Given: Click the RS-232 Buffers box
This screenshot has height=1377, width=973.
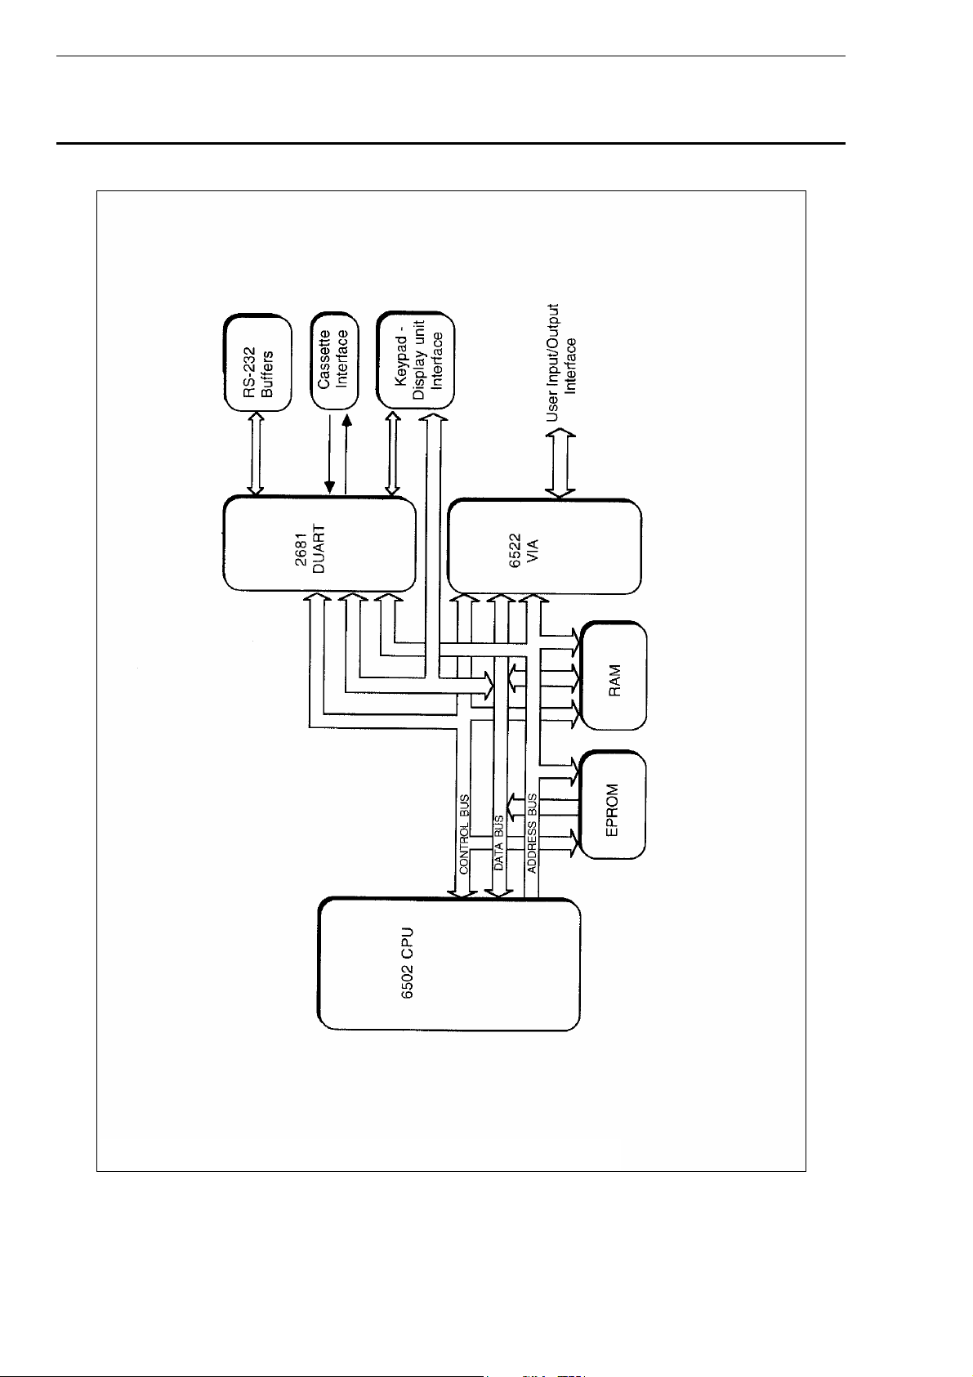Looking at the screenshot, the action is (257, 364).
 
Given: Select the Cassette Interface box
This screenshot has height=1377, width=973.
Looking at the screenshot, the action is (334, 361).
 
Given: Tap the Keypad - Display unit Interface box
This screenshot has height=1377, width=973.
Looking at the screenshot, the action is (416, 360).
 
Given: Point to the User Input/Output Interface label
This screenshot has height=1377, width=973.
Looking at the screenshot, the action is (562, 363).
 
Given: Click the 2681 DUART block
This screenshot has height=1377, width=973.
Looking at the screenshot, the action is (319, 544).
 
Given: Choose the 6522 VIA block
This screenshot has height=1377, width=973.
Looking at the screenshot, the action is (545, 547).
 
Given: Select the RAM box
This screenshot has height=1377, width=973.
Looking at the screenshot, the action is (614, 676).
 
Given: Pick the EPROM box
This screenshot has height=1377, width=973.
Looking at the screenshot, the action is (613, 805).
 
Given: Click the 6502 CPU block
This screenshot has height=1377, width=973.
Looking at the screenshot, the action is (449, 964).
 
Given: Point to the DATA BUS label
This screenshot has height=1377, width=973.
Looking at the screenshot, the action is (498, 843).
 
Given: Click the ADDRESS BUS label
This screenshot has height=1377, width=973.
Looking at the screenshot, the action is (532, 834).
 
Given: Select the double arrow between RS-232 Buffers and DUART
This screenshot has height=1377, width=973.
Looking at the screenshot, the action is (256, 454).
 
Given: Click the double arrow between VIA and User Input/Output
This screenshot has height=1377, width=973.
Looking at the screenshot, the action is (560, 463).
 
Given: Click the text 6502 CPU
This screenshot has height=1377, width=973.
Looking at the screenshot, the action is (407, 963).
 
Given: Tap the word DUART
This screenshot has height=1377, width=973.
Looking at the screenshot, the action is (319, 548).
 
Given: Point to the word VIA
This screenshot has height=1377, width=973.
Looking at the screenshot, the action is (533, 552).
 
